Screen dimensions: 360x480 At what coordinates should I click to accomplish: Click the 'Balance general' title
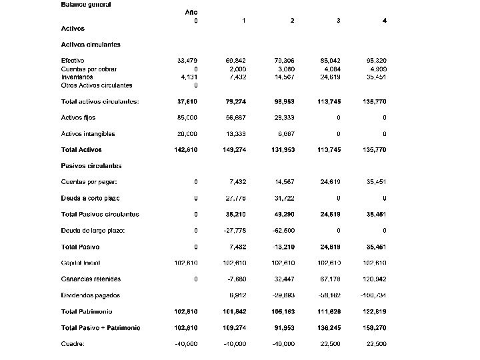pyautogui.click(x=86, y=4)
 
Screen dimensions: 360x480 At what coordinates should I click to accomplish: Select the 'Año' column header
pyautogui.click(x=191, y=12)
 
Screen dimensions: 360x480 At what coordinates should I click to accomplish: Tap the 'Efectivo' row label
pyautogui.click(x=73, y=61)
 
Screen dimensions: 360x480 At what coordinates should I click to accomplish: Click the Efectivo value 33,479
pyautogui.click(x=187, y=61)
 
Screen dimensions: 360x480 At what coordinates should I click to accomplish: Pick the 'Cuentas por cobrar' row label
pyautogui.click(x=89, y=69)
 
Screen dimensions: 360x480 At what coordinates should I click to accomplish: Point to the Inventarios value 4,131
pyautogui.click(x=188, y=77)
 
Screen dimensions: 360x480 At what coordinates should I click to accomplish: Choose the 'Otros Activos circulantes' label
pyautogui.click(x=97, y=85)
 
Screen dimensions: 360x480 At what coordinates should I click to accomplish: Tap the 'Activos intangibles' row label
pyautogui.click(x=88, y=134)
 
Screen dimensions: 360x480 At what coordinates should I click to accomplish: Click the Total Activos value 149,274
pyautogui.click(x=235, y=150)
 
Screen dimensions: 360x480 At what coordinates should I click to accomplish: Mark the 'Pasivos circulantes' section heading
pyautogui.click(x=91, y=166)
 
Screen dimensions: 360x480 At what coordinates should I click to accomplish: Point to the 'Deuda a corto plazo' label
pyautogui.click(x=90, y=198)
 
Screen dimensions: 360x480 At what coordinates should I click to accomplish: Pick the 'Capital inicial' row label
pyautogui.click(x=81, y=263)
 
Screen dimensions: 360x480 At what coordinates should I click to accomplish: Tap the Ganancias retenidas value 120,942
pyautogui.click(x=375, y=279)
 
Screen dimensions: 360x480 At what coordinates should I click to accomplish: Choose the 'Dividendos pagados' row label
pyautogui.click(x=91, y=295)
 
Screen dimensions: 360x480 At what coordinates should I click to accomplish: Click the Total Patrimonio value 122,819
pyautogui.click(x=375, y=311)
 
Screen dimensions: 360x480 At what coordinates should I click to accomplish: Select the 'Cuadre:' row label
pyautogui.click(x=73, y=344)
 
